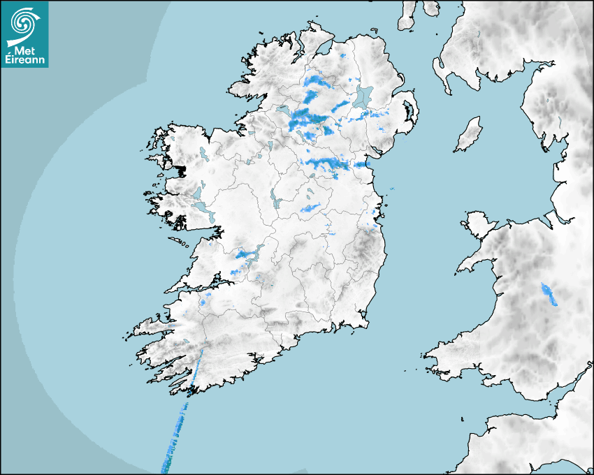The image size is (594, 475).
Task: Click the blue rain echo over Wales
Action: pyautogui.click(x=549, y=294)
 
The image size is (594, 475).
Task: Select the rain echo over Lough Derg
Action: pyautogui.click(x=247, y=254)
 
